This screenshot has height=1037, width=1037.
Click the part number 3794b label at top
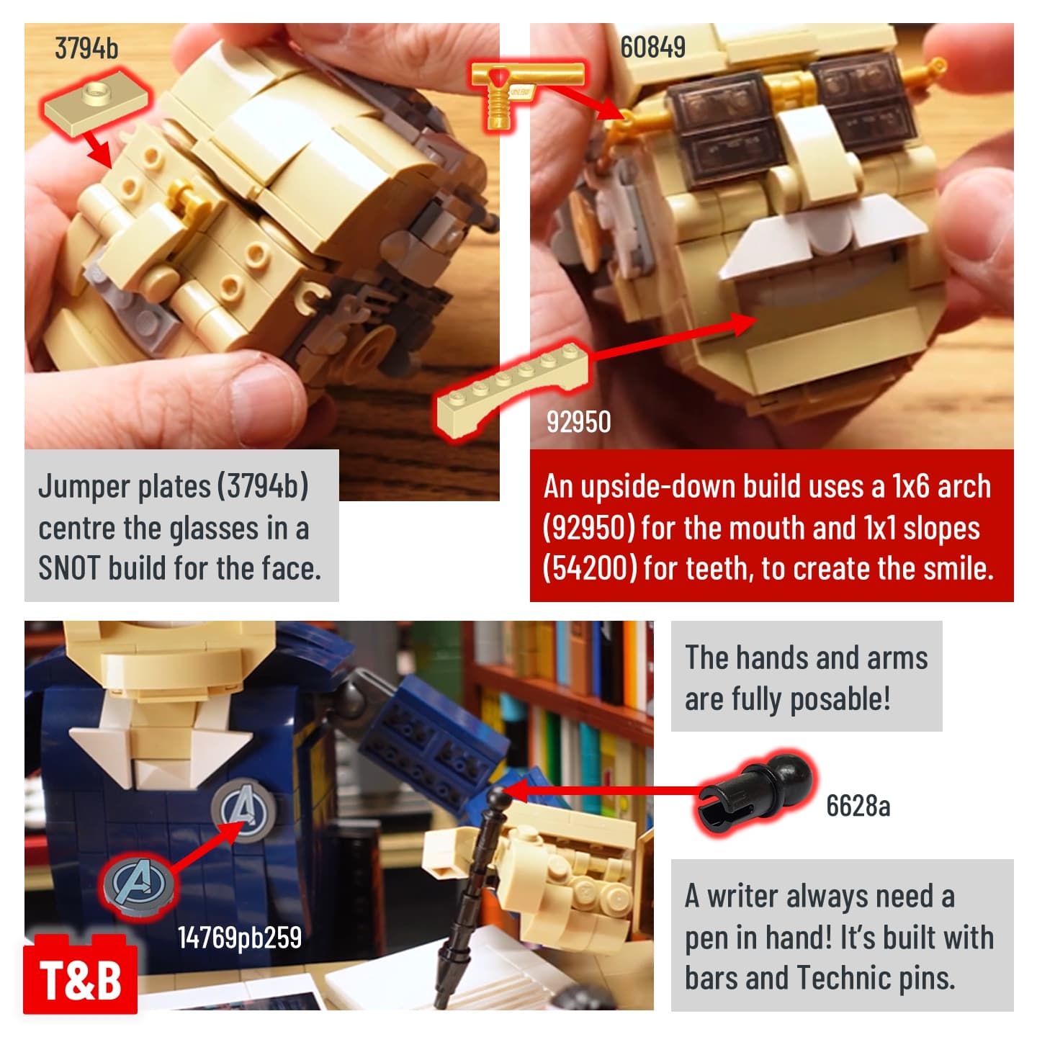pyautogui.click(x=86, y=48)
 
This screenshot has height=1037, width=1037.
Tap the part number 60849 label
pyautogui.click(x=652, y=47)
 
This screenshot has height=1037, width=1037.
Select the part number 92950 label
pyautogui.click(x=578, y=421)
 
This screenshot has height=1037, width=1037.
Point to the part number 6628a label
pyautogui.click(x=858, y=806)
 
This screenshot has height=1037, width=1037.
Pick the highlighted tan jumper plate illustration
pyautogui.click(x=96, y=103)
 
